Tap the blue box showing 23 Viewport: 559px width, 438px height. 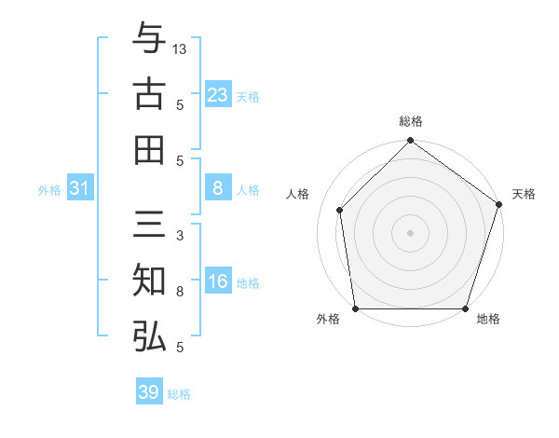(218, 94)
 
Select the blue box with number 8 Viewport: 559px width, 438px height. (218, 188)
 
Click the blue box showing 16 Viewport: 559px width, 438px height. (218, 282)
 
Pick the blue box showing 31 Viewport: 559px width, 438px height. (80, 188)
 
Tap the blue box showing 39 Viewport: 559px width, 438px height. (149, 392)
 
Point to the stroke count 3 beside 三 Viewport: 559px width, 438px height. (179, 236)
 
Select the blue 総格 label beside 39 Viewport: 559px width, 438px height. (179, 394)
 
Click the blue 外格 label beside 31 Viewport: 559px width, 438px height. (49, 190)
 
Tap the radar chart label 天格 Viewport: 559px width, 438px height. (524, 194)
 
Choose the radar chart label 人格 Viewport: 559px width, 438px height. (298, 194)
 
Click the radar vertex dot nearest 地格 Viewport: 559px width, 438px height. (466, 308)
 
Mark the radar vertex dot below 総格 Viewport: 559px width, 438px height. (410, 142)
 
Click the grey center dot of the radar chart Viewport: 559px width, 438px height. (410, 232)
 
